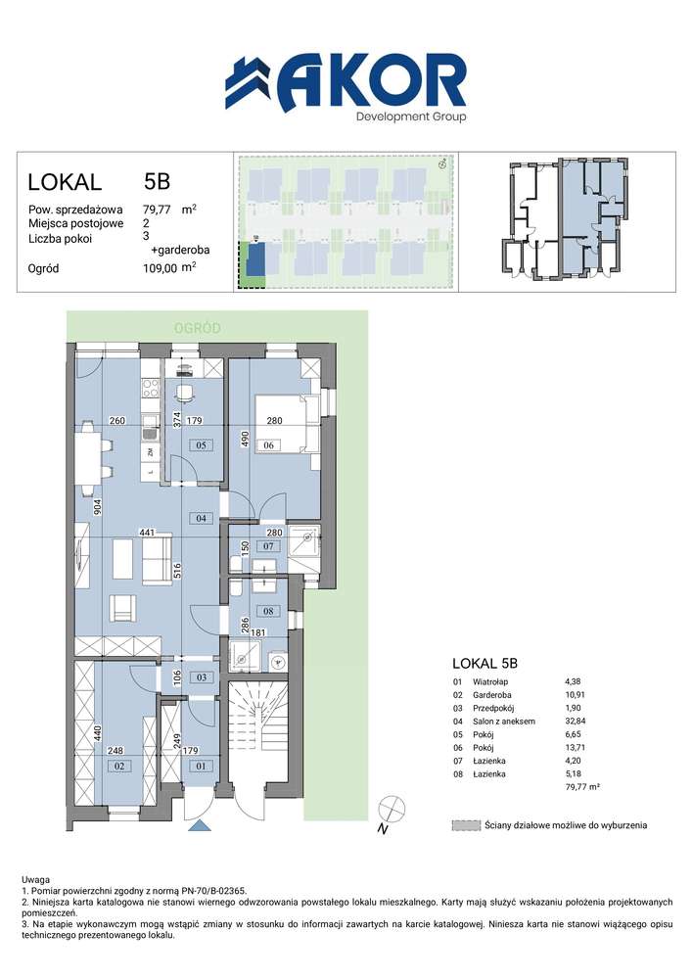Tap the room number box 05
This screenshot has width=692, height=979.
coord(201,445)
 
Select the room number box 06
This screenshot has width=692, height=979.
coord(268,445)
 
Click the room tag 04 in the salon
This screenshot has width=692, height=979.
coord(201,518)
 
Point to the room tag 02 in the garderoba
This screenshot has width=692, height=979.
coord(118,766)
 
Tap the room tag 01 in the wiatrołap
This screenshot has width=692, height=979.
coord(201,766)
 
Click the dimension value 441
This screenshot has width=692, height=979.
coord(147,533)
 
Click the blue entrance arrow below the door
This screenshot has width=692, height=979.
coord(200,826)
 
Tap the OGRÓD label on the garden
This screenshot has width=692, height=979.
coord(197,328)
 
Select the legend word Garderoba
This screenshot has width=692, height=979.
coord(491,695)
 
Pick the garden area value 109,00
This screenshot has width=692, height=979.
coord(160,268)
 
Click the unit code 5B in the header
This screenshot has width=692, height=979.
coord(157,181)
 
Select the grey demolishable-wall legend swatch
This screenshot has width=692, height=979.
coord(466,825)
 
